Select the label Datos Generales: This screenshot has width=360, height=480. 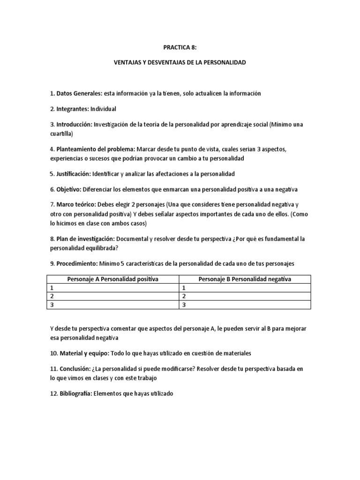[x=78, y=94]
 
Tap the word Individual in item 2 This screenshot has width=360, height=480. [x=103, y=109]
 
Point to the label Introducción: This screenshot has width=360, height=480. [x=74, y=125]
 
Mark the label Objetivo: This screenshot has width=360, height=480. [x=68, y=189]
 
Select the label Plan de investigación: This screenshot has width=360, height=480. [x=85, y=239]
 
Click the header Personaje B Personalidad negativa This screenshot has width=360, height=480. [x=245, y=279]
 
